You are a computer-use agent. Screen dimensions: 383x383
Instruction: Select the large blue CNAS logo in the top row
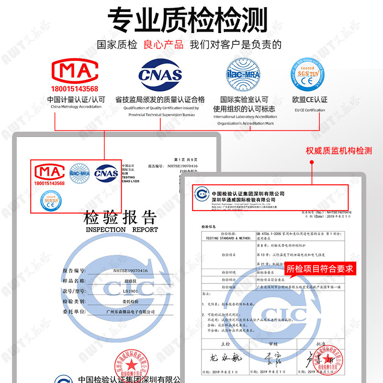(160, 74)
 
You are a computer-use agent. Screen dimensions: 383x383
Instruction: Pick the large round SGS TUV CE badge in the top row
(309, 74)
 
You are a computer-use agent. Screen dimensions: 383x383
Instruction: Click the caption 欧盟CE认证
(309, 100)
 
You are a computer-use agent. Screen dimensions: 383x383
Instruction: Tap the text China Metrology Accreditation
(76, 107)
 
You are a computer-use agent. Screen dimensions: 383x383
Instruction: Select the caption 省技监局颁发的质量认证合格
(160, 100)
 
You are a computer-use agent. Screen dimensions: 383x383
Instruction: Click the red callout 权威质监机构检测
(339, 151)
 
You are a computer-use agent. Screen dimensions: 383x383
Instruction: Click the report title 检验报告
(120, 218)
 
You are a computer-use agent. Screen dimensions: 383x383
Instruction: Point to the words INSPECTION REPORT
(122, 230)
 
